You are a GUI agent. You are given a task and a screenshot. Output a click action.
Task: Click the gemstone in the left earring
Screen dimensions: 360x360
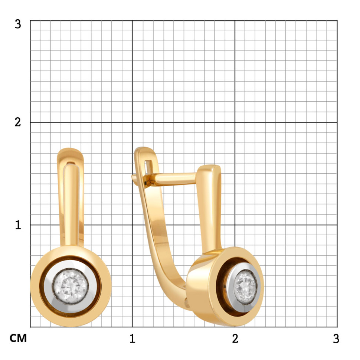71,287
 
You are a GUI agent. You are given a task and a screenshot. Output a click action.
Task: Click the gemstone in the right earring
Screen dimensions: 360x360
245,287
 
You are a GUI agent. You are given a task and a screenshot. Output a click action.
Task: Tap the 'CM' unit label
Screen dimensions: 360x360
18,338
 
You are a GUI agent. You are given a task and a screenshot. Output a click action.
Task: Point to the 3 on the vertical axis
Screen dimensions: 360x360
18,24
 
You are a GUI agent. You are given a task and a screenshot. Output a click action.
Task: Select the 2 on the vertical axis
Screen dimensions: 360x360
18,122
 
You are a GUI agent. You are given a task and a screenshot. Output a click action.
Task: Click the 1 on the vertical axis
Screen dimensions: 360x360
18,225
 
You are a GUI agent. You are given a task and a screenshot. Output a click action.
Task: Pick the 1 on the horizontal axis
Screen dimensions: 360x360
132,338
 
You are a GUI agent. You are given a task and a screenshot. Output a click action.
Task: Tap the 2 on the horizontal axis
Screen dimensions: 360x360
235,338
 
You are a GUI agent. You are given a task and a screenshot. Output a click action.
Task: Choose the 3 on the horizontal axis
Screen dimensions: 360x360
336,338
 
